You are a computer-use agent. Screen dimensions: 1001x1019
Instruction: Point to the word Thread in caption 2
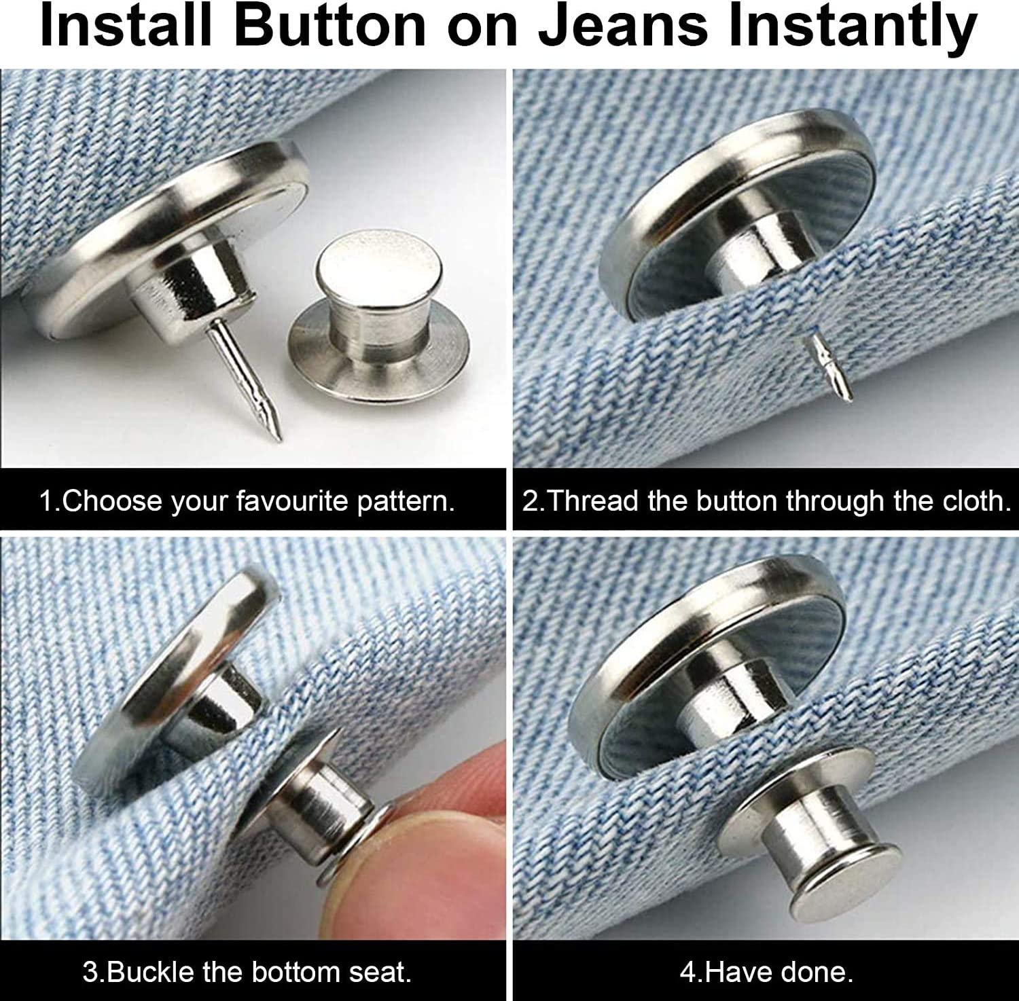(x=591, y=501)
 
